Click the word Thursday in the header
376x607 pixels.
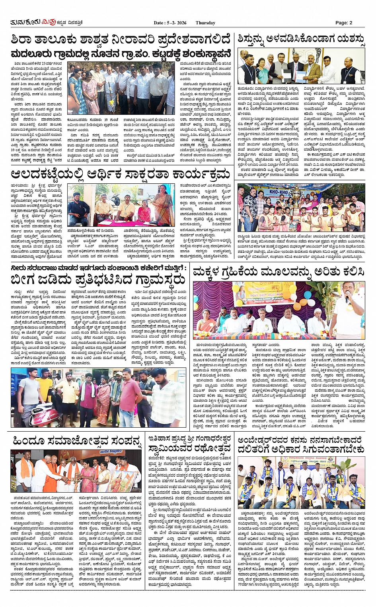(205, 23)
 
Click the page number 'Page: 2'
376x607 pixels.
(344, 23)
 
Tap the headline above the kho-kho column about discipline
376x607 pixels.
(301, 39)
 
